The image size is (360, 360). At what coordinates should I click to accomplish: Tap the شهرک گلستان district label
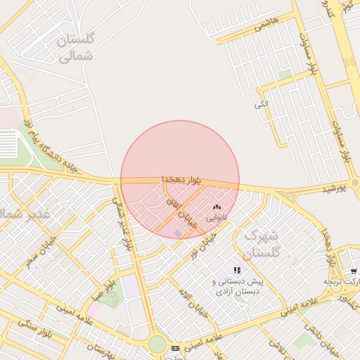(261, 243)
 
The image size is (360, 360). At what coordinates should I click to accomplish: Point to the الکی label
(261, 105)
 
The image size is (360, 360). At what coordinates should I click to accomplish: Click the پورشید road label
(335, 190)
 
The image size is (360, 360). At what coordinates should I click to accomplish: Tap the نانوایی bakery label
(216, 218)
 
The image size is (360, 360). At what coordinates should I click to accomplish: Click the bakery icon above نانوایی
(216, 208)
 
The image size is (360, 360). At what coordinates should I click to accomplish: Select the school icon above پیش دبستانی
(238, 270)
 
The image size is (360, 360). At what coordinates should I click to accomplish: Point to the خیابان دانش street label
(323, 345)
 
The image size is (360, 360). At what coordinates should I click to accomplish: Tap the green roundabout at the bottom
(157, 345)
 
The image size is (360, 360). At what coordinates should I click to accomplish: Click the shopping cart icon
(353, 271)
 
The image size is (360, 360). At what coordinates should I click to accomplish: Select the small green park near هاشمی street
(285, 75)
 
